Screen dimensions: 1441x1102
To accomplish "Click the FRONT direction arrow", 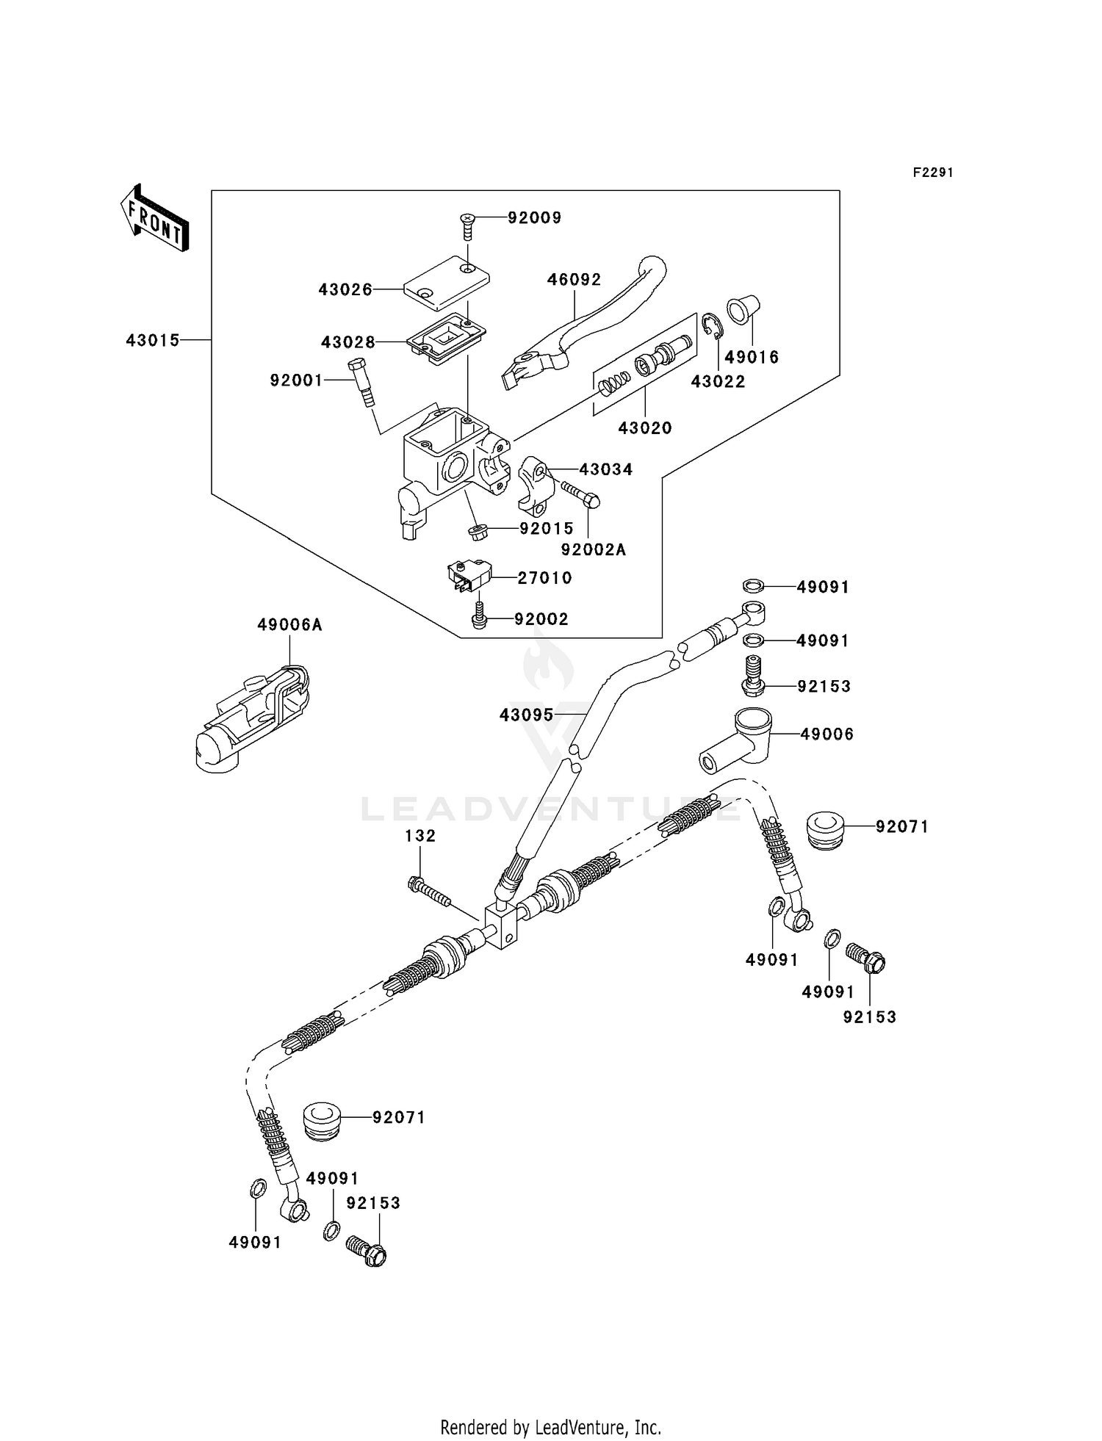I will [155, 219].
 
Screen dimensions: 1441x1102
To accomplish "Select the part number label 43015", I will [152, 341].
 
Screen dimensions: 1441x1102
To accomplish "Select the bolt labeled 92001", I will [361, 380].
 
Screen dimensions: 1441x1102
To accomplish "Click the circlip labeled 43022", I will [710, 328].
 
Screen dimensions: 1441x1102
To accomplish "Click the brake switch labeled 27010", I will [464, 578].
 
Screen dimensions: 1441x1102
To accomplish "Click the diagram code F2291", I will [932, 173].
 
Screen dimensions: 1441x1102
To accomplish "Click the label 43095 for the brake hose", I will [526, 715].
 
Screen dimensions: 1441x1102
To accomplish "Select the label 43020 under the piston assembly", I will [645, 427].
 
